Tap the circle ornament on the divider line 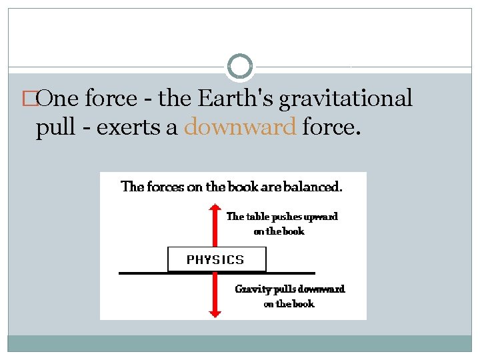(x=240, y=67)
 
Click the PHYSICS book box (x=216, y=259)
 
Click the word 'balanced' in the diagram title (x=315, y=187)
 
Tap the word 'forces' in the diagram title (x=166, y=187)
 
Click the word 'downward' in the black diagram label (x=321, y=289)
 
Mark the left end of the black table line (x=121, y=273)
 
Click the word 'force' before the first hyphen (x=110, y=99)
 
